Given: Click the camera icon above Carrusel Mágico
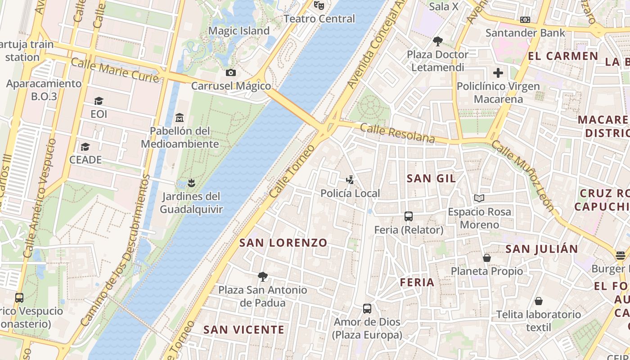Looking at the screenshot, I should click(x=230, y=72).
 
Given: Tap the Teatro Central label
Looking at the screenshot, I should click(x=319, y=19).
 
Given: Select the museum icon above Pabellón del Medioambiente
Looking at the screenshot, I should click(x=180, y=118).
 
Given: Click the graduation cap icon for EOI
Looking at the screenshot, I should click(x=99, y=101).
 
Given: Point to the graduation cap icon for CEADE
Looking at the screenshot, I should click(x=85, y=147).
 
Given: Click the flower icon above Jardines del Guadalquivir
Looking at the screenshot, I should click(x=191, y=183).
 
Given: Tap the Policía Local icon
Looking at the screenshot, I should click(x=350, y=180).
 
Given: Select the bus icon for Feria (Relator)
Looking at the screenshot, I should click(x=409, y=216).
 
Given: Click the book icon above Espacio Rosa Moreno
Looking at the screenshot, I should click(x=479, y=198).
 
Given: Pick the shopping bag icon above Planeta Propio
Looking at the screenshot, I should click(x=487, y=258).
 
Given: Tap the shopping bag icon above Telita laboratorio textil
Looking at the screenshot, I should click(x=539, y=301).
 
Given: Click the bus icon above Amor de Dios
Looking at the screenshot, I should click(x=367, y=309).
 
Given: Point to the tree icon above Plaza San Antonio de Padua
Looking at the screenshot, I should click(x=263, y=277).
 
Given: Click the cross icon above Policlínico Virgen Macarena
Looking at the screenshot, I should click(x=498, y=72).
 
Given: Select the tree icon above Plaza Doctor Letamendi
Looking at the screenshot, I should click(x=437, y=41).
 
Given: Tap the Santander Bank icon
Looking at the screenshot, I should click(x=525, y=20).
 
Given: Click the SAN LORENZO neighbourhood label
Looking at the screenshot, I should click(x=283, y=243).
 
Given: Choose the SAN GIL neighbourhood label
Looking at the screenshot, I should click(x=431, y=178).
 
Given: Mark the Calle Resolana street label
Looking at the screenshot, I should click(x=397, y=134).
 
